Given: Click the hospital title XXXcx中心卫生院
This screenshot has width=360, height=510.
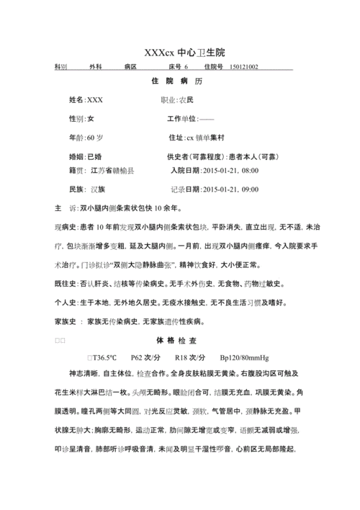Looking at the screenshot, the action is [184, 53].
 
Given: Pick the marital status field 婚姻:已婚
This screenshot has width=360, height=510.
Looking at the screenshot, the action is [85, 156].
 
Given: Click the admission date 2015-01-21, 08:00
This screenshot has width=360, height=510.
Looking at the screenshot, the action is [230, 171].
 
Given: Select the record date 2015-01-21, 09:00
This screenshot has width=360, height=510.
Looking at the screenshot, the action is [230, 189].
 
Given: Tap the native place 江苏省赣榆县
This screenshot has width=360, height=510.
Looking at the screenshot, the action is [112, 171].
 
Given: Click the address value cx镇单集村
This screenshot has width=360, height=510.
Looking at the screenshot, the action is [210, 137].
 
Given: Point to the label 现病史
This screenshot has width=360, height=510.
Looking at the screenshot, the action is [66, 227].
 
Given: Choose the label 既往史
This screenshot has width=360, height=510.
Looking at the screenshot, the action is [66, 283].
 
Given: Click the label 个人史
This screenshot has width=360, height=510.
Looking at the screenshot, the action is [66, 302].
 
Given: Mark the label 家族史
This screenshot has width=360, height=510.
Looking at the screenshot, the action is [66, 321].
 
